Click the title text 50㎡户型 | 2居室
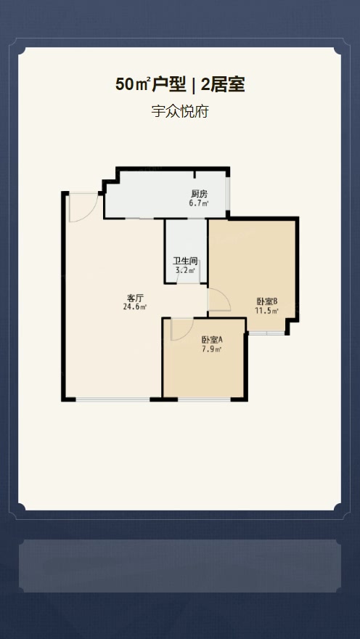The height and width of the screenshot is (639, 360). click(x=180, y=85)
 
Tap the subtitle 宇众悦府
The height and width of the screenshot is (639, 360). click(x=180, y=111)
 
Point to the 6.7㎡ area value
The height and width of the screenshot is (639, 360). click(x=199, y=203)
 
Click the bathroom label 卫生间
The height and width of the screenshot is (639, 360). click(x=185, y=261)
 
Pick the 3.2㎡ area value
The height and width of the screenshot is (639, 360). click(x=185, y=270)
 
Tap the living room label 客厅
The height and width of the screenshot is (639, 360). click(x=135, y=298)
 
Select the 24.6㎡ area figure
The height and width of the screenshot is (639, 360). click(x=135, y=307)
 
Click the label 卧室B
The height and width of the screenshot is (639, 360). click(x=267, y=301)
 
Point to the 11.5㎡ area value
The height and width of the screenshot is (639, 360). click(x=267, y=312)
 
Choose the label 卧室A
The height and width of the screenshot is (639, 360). click(x=213, y=340)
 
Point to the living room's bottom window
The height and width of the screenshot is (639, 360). click(x=112, y=399)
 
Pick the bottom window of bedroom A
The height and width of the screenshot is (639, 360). click(x=204, y=399)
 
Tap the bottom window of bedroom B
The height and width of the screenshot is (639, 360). click(x=267, y=333)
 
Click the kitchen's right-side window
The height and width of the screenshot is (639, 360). click(x=228, y=194)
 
